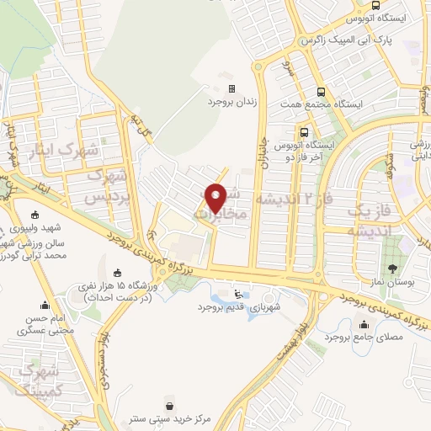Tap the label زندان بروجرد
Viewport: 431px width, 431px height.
pyautogui.click(x=230, y=101)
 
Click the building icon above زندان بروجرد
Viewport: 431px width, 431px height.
pyautogui.click(x=231, y=88)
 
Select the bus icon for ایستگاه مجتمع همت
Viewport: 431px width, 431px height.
pyautogui.click(x=320, y=93)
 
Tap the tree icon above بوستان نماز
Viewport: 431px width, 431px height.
pyautogui.click(x=393, y=269)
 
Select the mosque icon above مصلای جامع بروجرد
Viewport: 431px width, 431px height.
pyautogui.click(x=363, y=323)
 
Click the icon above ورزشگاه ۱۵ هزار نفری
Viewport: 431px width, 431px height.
pyautogui.click(x=119, y=272)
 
